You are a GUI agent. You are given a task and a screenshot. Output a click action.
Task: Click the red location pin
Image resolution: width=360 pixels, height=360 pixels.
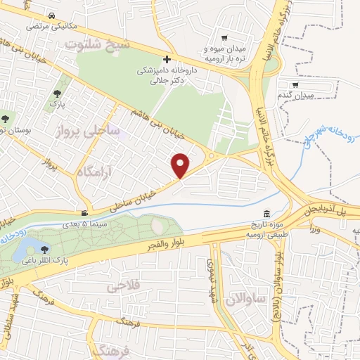coord(181,165)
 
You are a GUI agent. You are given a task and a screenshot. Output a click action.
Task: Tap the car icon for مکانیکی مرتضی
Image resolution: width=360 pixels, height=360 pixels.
coord(53,15)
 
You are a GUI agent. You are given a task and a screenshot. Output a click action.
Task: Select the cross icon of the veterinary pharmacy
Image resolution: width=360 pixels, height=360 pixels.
coord(167,60)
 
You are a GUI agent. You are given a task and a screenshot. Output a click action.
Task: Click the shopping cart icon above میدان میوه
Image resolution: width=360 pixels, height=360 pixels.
coord(224,38)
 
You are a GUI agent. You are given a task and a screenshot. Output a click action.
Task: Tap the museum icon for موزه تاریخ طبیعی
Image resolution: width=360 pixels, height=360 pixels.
coord(266,214)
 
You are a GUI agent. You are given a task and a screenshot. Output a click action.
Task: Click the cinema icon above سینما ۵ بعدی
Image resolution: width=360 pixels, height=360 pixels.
coord(84,213)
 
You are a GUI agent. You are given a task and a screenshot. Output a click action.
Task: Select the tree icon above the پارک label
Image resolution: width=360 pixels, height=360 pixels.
coord(57,92)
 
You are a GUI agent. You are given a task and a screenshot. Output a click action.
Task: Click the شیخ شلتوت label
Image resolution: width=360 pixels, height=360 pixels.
coord(98,43)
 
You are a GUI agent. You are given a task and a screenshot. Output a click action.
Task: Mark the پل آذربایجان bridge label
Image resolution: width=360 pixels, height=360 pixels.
coord(328,210)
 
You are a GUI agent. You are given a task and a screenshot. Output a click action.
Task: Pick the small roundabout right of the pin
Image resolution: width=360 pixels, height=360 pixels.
coord(211,155)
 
